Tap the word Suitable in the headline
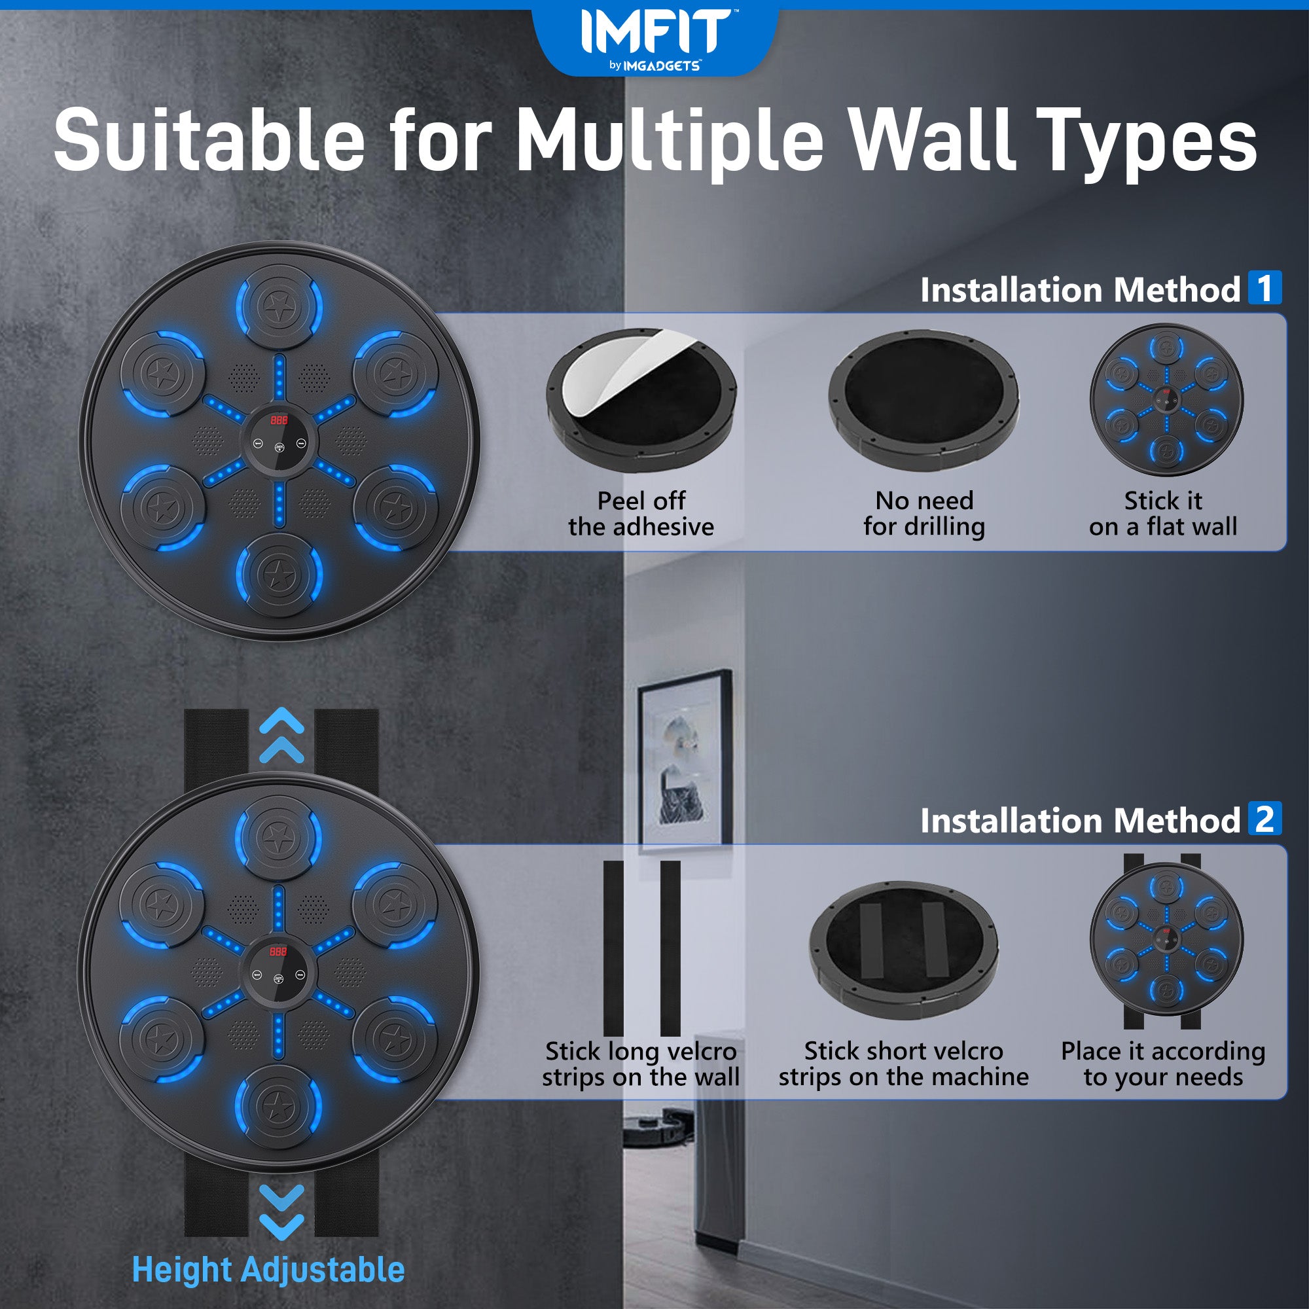(x=209, y=140)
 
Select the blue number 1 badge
(x=1264, y=288)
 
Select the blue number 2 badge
(x=1264, y=819)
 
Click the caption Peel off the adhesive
(x=641, y=514)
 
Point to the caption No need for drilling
(x=924, y=514)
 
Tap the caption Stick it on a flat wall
(x=1163, y=514)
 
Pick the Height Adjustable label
(x=268, y=1270)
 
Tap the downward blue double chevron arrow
(x=282, y=1213)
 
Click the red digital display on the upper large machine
(x=279, y=420)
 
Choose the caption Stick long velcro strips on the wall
(x=640, y=1064)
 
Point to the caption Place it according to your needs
(x=1162, y=1064)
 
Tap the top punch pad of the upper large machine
(x=279, y=307)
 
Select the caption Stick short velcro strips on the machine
(x=904, y=1064)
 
